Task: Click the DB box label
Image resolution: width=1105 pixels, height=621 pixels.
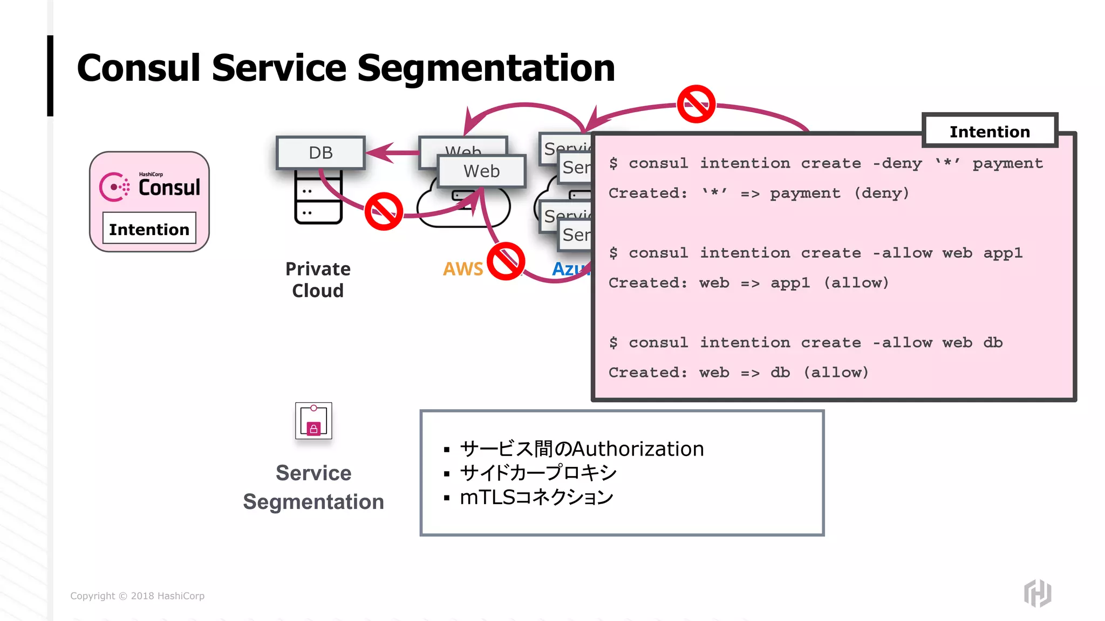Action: (x=320, y=153)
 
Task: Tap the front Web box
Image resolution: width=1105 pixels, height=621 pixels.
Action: (x=481, y=171)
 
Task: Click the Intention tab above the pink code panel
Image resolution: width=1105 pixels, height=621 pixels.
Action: (x=990, y=131)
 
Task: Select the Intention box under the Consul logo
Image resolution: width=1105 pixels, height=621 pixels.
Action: (x=149, y=229)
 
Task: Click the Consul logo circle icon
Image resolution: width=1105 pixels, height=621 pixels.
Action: (x=114, y=187)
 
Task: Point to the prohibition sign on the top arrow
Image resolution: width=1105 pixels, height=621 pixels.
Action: (x=696, y=103)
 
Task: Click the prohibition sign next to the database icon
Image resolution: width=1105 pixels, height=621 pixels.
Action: (x=384, y=211)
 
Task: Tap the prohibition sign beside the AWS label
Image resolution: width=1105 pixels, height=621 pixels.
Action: (x=506, y=261)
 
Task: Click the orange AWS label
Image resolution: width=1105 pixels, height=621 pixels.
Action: (x=462, y=268)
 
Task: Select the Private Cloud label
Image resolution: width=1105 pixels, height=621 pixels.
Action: (x=318, y=279)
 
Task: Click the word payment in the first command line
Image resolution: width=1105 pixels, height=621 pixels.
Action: (x=1007, y=163)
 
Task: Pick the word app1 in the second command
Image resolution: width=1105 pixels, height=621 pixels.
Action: (x=1002, y=253)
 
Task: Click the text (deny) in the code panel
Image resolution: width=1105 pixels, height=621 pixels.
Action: (x=882, y=193)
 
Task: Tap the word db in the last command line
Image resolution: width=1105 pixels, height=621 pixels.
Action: (x=992, y=342)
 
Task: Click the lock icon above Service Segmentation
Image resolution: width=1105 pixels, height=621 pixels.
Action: (x=313, y=421)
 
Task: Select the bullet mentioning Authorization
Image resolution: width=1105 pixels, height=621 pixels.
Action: (x=581, y=448)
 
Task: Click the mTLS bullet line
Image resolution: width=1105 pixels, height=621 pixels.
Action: (x=536, y=497)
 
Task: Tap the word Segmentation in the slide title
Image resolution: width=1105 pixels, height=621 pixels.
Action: (x=486, y=68)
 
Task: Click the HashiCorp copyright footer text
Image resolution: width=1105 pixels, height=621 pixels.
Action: (x=137, y=596)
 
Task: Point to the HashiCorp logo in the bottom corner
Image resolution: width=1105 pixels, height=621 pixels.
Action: (x=1038, y=593)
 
